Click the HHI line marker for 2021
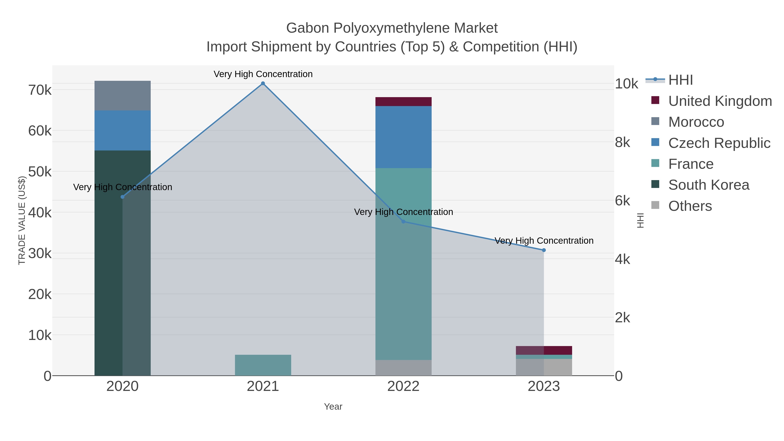click(x=263, y=83)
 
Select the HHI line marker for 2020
click(x=122, y=197)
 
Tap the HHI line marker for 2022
click(x=403, y=221)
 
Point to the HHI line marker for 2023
click(x=544, y=250)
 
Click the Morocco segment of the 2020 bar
click(x=122, y=96)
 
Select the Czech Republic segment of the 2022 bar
click(x=403, y=137)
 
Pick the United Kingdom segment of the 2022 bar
click(x=403, y=102)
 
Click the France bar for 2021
click(x=263, y=365)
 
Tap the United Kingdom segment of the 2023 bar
click(x=544, y=350)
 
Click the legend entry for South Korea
click(x=708, y=185)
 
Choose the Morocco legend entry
click(x=696, y=122)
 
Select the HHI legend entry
click(x=681, y=80)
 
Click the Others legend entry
click(x=690, y=206)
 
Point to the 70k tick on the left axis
click(x=40, y=90)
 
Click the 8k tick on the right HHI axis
click(x=622, y=142)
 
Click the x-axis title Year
click(x=333, y=407)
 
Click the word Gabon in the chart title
click(x=307, y=28)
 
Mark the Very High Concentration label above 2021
click(x=263, y=74)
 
